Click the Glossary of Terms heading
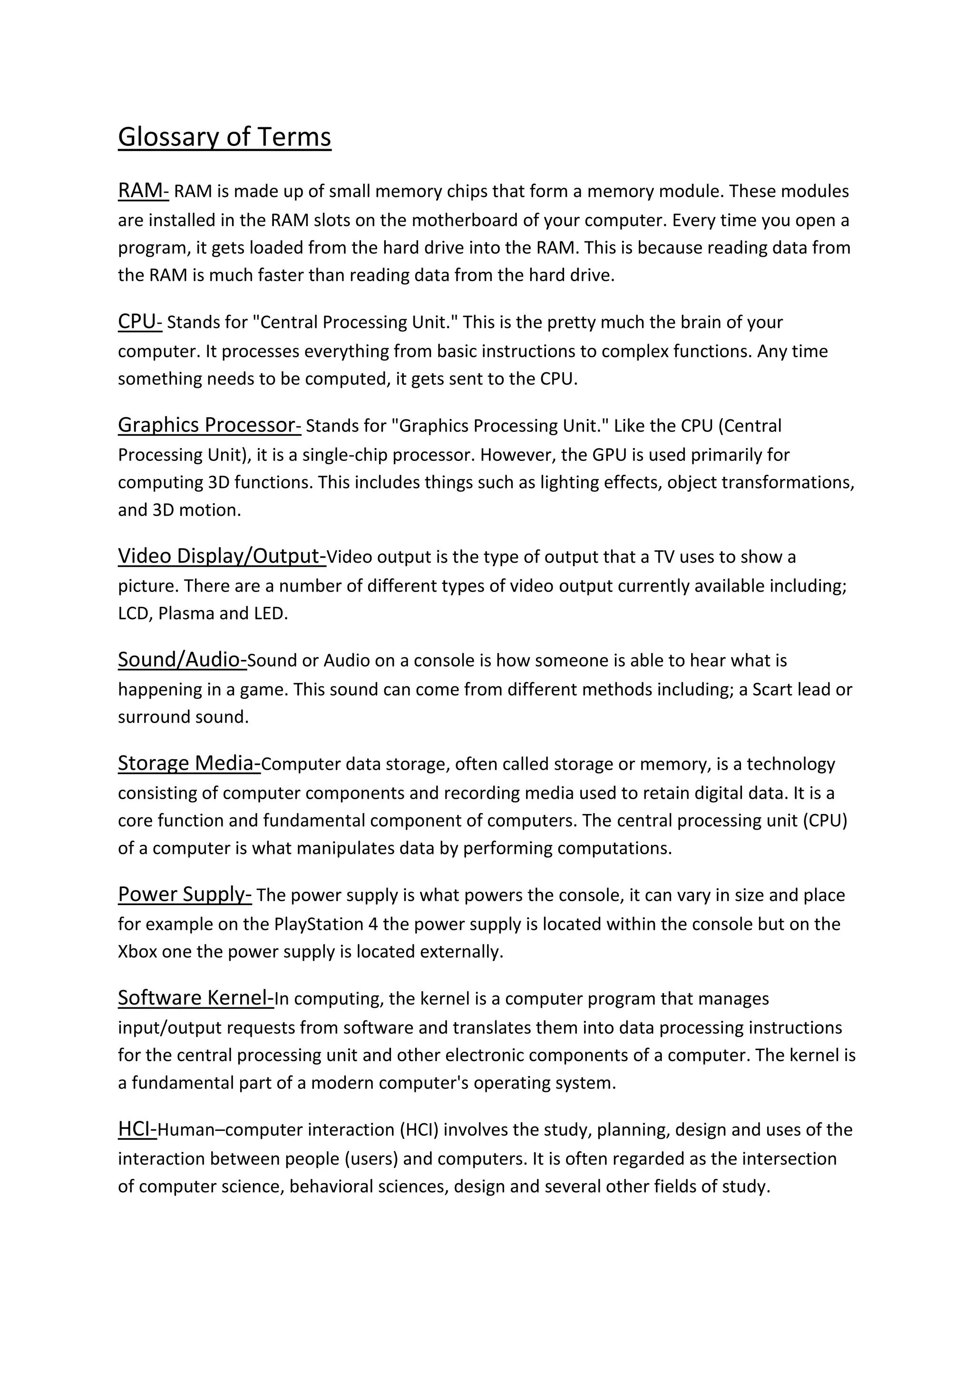pos(224,137)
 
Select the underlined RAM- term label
pos(143,191)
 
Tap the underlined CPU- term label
pos(140,322)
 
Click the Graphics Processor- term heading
pos(209,425)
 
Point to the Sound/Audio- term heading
pos(182,659)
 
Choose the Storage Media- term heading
pos(189,764)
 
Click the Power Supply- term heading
pos(185,894)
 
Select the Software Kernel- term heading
pos(195,998)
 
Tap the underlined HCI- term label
pos(137,1129)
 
